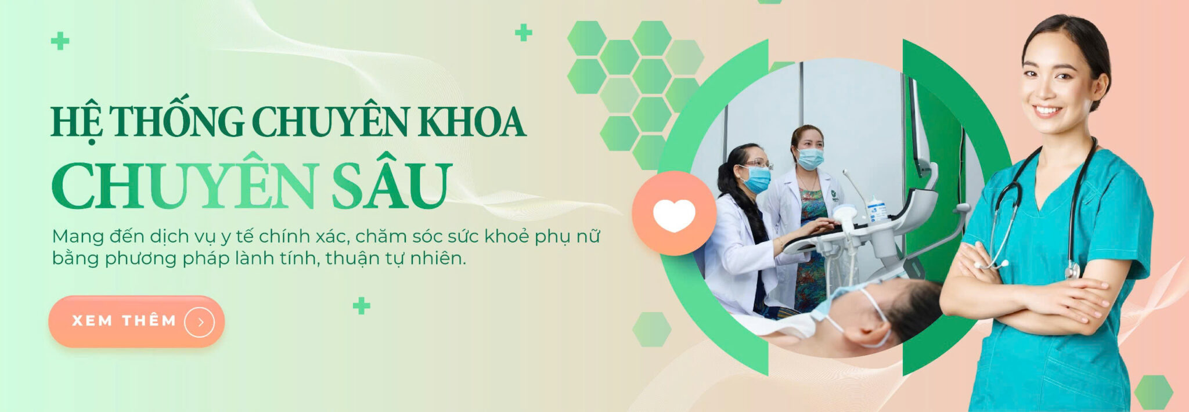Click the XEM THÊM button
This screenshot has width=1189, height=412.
pyautogui.click(x=136, y=321)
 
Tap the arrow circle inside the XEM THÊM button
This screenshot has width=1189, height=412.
pyautogui.click(x=200, y=322)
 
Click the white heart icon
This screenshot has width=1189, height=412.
pyautogui.click(x=674, y=215)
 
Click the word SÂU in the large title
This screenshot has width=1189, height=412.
pyautogui.click(x=391, y=184)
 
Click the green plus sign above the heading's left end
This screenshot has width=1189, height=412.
pyautogui.click(x=60, y=41)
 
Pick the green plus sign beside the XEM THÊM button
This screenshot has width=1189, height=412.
pyautogui.click(x=361, y=305)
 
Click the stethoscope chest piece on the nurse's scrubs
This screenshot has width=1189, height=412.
pyautogui.click(x=1072, y=270)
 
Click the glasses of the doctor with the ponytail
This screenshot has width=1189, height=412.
pyautogui.click(x=758, y=164)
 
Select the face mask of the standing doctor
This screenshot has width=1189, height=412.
pyautogui.click(x=810, y=158)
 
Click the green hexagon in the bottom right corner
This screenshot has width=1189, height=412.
pyautogui.click(x=1153, y=392)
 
